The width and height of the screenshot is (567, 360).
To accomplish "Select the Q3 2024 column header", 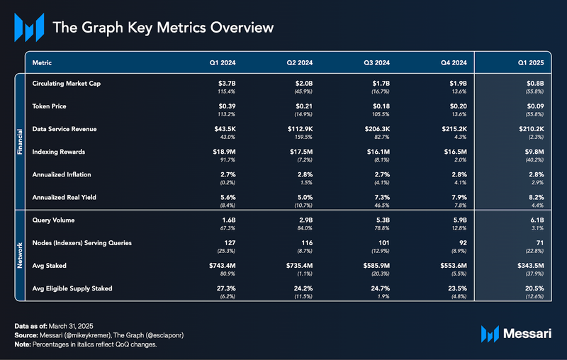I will click(377, 63).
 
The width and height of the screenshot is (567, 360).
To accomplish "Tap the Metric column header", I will click(43, 63).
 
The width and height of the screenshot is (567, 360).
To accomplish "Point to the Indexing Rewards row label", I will click(61, 152).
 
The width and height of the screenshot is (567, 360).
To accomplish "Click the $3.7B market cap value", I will click(225, 84).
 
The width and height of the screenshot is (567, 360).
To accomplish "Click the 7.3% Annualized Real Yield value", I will click(382, 197).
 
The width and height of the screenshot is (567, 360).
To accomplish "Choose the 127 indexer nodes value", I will click(229, 243).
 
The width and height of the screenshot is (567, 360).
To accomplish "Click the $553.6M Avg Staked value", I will click(454, 266).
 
